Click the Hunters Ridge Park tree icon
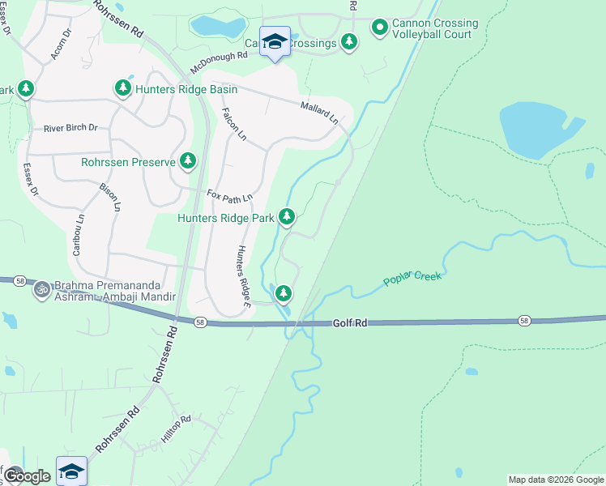point(286,216)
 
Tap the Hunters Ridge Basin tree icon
point(123,87)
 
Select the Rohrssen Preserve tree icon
point(188,162)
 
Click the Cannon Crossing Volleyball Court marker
point(379,28)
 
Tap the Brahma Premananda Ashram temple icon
point(41,288)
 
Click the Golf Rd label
point(351,322)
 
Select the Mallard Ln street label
point(319,112)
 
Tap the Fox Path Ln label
point(230,196)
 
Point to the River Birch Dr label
point(70,128)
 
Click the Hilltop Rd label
point(175,429)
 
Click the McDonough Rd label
point(219,58)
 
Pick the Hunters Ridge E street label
point(241,271)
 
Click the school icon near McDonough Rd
point(275,41)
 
